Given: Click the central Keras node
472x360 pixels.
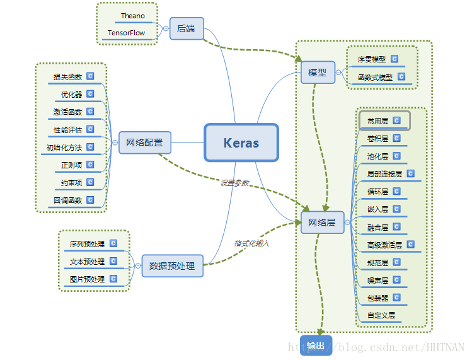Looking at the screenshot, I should coord(241,142).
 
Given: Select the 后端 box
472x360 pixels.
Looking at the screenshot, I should coord(187,28).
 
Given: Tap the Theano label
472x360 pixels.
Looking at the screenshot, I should coord(132,16).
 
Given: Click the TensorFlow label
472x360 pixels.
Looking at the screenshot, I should coord(126,33).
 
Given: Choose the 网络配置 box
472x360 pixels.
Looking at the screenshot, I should coord(144,142).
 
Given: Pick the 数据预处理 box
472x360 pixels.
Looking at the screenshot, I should coord(172,265).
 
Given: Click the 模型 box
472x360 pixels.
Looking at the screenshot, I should coord(318,73).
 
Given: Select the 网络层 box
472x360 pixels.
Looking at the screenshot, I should coord(322,222).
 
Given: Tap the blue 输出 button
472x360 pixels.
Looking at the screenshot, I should coord(316,345).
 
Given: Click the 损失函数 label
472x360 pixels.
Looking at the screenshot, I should coord(67,77).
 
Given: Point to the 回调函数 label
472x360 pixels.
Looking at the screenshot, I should coord(67,200).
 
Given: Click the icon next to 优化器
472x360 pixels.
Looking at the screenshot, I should coord(90,94).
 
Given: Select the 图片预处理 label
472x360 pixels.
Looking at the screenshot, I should coord(87,279).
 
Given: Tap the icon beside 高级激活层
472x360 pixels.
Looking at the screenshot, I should coord(410,244).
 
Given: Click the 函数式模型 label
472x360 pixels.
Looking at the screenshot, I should coord(375,78).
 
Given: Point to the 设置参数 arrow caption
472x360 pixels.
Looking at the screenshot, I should coord(234,182).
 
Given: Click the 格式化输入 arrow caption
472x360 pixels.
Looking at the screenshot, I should coord(251,243).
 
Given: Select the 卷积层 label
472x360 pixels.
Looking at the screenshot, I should coord(377,138).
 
